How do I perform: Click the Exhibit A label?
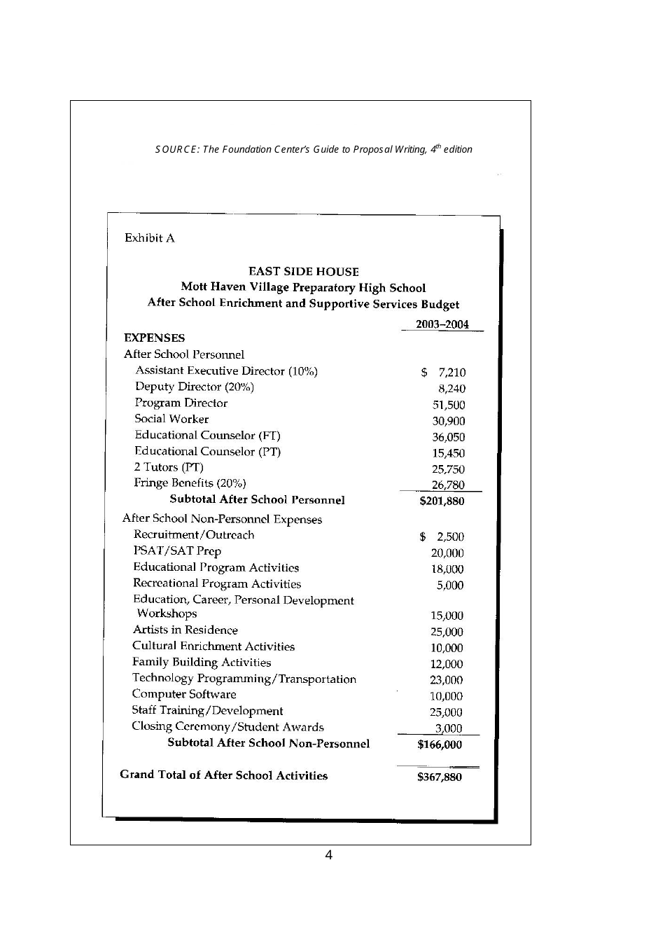[x=149, y=238]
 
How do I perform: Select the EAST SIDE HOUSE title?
[x=303, y=272]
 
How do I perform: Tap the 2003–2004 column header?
[x=442, y=324]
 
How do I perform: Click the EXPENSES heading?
[x=154, y=338]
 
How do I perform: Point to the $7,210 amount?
[x=443, y=373]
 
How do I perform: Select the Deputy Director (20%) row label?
[x=194, y=387]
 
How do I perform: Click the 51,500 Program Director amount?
[x=448, y=405]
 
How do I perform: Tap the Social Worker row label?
[x=171, y=419]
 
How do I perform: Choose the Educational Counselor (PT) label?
[x=207, y=452]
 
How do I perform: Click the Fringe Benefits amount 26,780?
[x=447, y=485]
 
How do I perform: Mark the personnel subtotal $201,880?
[x=441, y=501]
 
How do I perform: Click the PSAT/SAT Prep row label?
[x=177, y=551]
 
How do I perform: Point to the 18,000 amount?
[x=447, y=569]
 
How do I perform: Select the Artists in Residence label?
[x=185, y=630]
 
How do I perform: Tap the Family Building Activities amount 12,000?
[x=446, y=664]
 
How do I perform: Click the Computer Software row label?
[x=184, y=694]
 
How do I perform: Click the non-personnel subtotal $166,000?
[x=440, y=744]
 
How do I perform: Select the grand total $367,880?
[x=439, y=777]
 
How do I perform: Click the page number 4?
[x=328, y=855]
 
